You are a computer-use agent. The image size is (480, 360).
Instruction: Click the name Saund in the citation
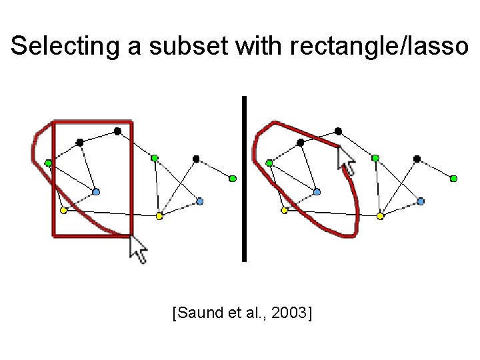[203, 311]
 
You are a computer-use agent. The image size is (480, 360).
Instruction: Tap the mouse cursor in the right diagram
[347, 161]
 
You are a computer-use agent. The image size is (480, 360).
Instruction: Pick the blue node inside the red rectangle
[96, 191]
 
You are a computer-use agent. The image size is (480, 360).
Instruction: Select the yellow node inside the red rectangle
[63, 211]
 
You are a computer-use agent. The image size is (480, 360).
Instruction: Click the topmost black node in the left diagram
[117, 131]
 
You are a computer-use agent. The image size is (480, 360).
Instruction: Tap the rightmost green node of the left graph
[233, 179]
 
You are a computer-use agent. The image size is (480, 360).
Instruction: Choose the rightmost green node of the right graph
[453, 179]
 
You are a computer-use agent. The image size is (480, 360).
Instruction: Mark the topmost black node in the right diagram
[339, 131]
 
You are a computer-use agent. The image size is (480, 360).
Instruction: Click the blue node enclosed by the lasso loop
[317, 191]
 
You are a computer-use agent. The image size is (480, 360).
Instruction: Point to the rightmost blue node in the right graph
[421, 201]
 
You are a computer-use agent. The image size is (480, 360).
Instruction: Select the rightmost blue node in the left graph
[200, 201]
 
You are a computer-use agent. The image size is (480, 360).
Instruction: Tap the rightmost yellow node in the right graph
[380, 216]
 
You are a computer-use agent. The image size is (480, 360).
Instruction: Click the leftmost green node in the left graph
[49, 163]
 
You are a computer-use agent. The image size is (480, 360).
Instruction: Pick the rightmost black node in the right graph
[417, 159]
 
